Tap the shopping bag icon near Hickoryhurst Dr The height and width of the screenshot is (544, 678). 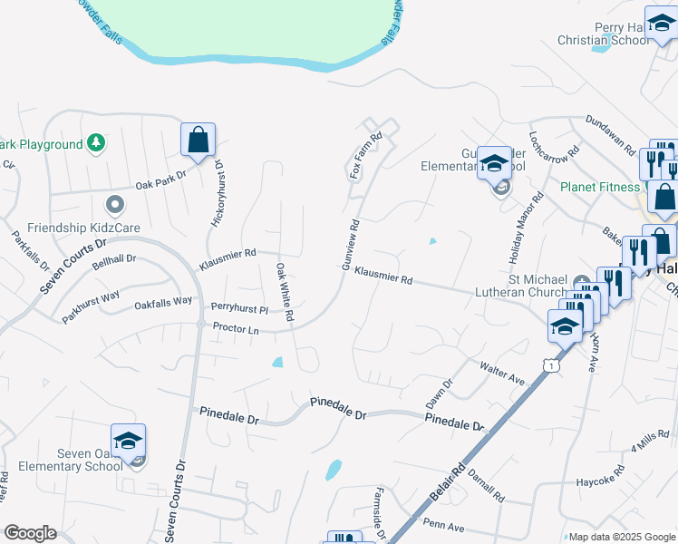pos(197,141)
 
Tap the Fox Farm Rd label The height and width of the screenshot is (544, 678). pos(366,154)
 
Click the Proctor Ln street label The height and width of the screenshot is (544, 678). pos(236,328)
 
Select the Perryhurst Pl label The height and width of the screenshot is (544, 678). pos(239,309)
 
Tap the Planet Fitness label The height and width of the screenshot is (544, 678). pos(599,188)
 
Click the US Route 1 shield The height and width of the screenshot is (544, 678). pos(549,364)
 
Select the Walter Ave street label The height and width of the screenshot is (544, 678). pos(503,374)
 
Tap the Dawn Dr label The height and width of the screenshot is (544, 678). pos(438,393)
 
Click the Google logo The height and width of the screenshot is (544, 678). pos(30,532)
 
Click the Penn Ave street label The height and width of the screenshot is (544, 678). pos(444,527)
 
